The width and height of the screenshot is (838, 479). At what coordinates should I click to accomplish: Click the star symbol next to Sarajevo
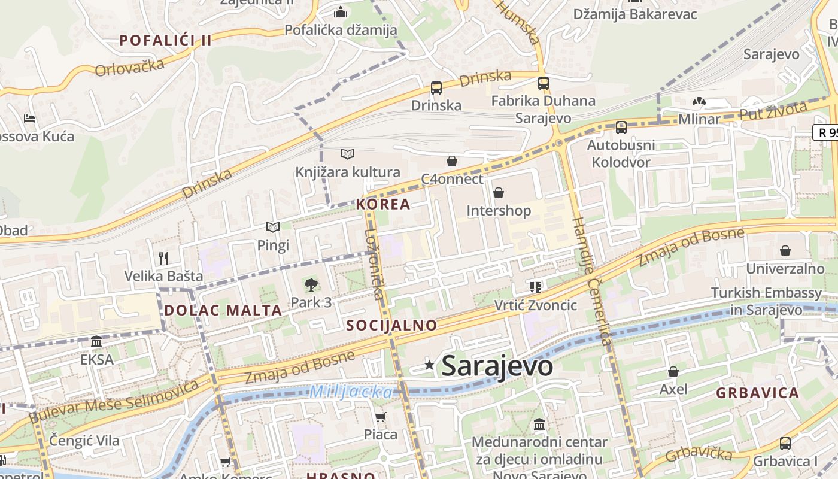coord(429,365)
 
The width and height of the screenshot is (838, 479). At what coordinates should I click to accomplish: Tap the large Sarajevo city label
coord(497,366)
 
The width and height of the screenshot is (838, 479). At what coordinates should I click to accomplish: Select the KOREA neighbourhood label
coord(383,204)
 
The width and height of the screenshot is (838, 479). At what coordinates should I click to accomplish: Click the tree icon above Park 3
coord(311,284)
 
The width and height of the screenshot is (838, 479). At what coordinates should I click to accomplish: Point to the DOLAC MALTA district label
coord(223,310)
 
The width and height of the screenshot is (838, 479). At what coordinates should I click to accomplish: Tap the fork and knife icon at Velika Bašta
coord(163,258)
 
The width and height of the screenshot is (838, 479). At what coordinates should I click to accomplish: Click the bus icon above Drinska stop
coord(436,88)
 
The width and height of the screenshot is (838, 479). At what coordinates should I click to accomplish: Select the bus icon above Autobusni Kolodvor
coord(621,127)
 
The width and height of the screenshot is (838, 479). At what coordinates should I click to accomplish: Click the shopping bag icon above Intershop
coord(498,193)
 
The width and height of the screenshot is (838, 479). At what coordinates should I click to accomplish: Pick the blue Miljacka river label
coord(351,392)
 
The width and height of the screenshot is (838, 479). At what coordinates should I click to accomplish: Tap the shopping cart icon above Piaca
coord(380,417)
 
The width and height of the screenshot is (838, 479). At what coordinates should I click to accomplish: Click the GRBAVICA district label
coord(757,393)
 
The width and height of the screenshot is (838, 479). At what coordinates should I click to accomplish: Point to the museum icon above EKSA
coord(96,342)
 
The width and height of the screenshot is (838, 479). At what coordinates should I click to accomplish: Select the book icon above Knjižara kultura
coord(348,154)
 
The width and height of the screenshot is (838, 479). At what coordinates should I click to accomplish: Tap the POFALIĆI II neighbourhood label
coord(166,41)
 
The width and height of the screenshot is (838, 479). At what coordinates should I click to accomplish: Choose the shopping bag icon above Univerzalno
coord(785,251)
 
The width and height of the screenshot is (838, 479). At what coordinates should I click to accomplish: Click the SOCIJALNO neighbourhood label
coord(391,325)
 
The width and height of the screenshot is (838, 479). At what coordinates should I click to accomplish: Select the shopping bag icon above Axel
coord(673,372)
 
